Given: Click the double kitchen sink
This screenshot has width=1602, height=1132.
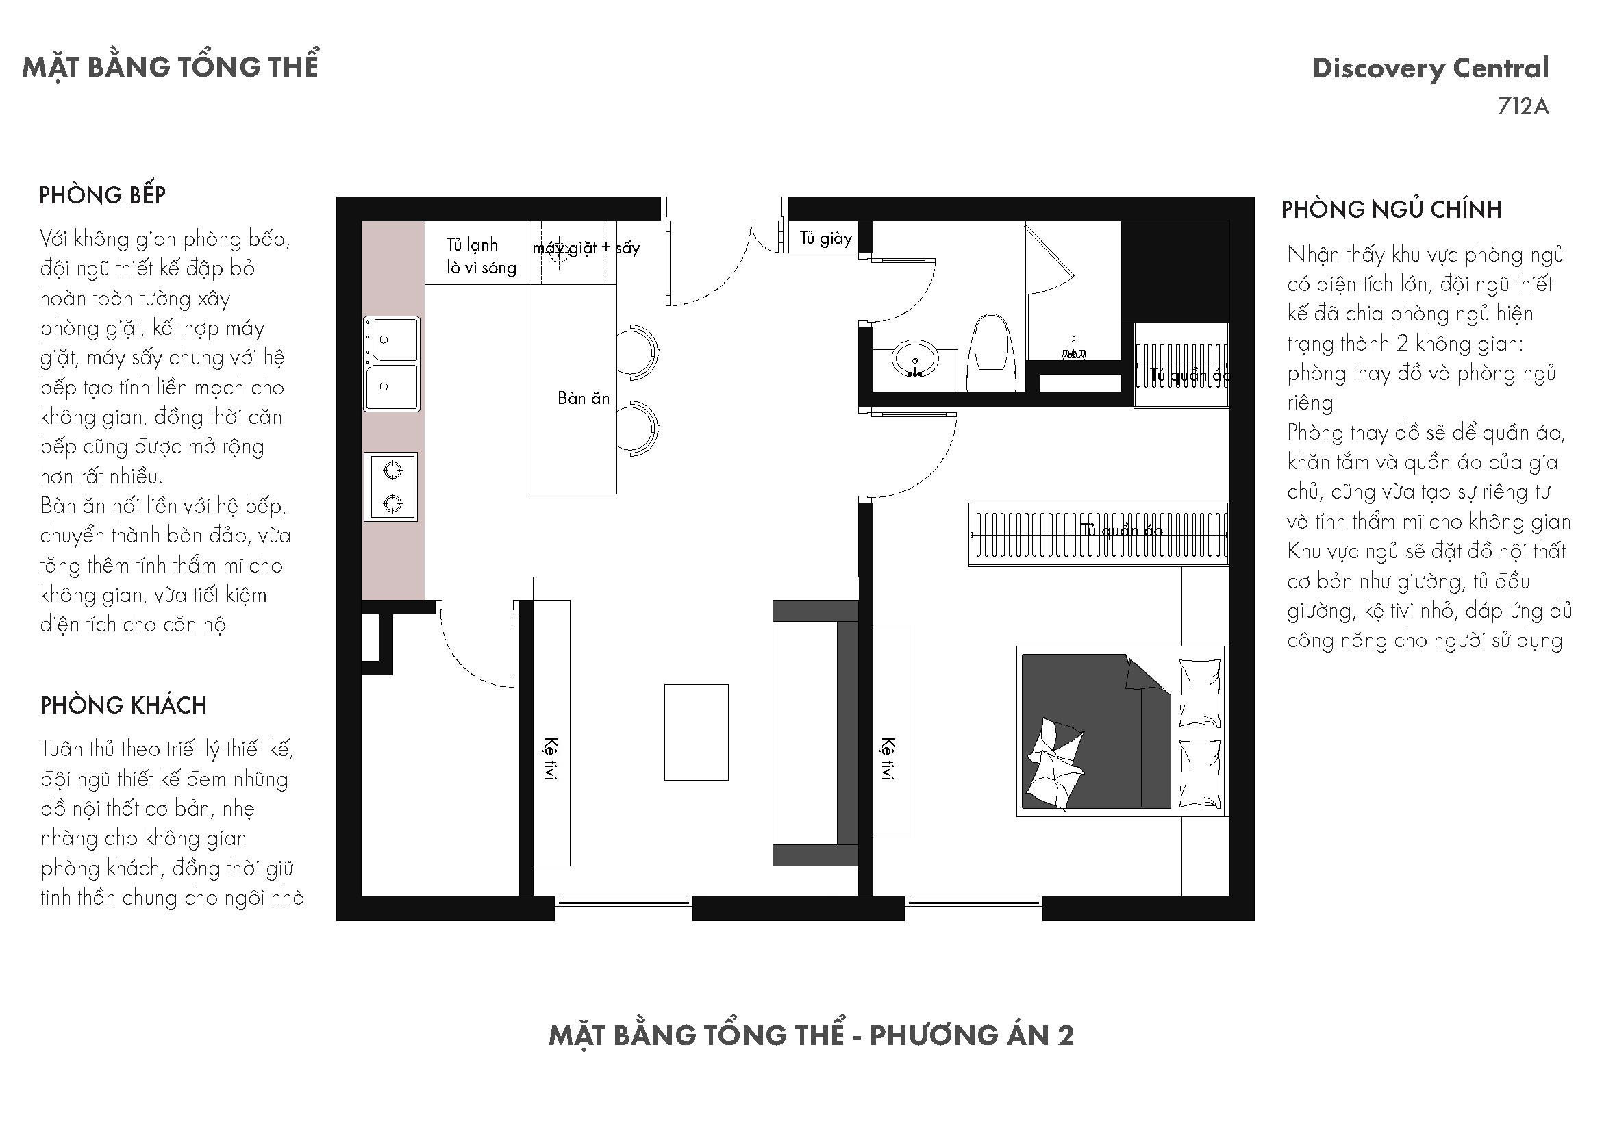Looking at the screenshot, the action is pyautogui.click(x=392, y=364).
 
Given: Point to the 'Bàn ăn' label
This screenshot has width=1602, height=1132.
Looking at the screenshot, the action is pyautogui.click(x=584, y=399).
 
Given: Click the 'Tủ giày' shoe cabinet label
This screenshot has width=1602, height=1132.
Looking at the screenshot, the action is pyautogui.click(x=826, y=238).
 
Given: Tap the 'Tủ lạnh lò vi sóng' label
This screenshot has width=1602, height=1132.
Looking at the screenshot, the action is pyautogui.click(x=481, y=256).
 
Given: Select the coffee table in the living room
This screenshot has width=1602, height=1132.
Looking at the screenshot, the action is pyautogui.click(x=697, y=732).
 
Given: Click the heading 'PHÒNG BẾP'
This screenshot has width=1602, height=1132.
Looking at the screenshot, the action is pyautogui.click(x=103, y=195).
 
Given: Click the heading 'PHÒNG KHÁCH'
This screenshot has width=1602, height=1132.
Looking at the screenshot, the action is pyautogui.click(x=123, y=705).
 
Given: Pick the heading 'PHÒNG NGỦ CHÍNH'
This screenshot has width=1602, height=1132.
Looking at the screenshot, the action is pyautogui.click(x=1391, y=210).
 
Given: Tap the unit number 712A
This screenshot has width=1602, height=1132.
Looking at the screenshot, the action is pyautogui.click(x=1523, y=107).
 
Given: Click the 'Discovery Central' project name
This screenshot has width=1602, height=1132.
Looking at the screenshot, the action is pyautogui.click(x=1430, y=68).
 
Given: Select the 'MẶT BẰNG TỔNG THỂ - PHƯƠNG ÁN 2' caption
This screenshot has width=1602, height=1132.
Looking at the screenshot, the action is pyautogui.click(x=812, y=1035).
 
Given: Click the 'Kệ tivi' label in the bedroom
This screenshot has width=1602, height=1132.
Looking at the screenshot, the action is pyautogui.click(x=887, y=758).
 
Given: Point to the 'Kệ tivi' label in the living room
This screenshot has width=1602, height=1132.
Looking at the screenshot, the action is pyautogui.click(x=551, y=758).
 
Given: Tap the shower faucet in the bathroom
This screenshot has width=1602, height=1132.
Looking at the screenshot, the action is pyautogui.click(x=1074, y=349).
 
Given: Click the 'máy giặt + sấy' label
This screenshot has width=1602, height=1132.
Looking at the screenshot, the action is pyautogui.click(x=586, y=249).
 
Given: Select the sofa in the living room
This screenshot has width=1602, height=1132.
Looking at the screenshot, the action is pyautogui.click(x=815, y=733).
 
